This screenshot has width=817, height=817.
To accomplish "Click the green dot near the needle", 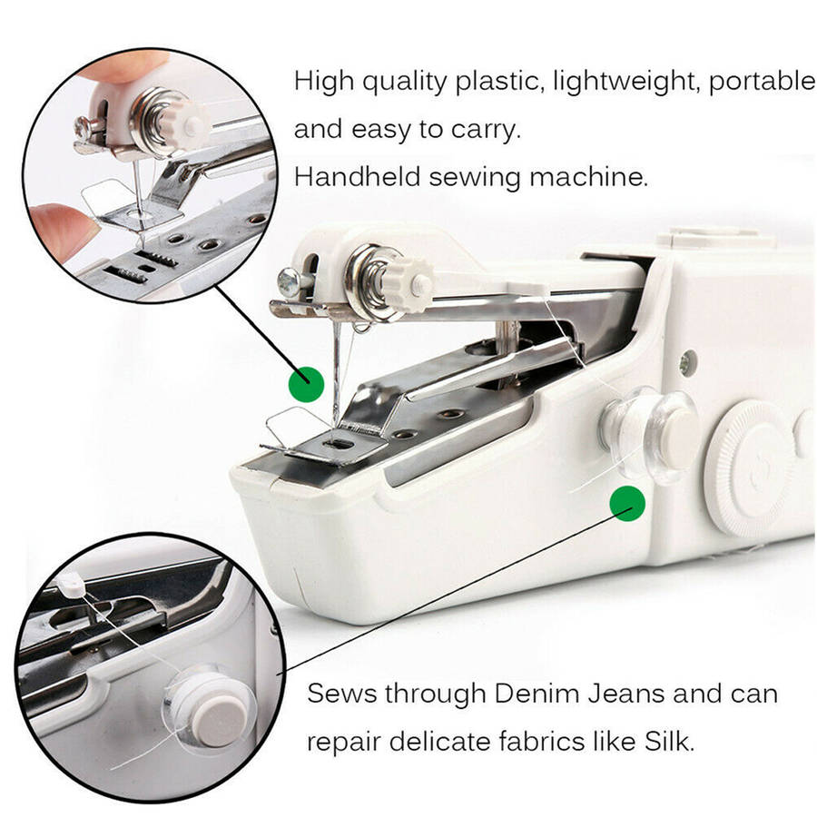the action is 307,384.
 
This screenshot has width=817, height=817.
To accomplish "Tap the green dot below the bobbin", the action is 627,503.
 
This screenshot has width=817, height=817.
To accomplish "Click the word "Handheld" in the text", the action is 357,177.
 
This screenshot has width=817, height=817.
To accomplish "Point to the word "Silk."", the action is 670,741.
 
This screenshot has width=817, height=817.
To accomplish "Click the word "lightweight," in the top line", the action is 626,82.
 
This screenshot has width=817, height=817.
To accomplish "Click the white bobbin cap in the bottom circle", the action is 219,722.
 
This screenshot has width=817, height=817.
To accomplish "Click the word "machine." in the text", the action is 589,177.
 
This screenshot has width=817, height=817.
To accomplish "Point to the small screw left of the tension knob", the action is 288,282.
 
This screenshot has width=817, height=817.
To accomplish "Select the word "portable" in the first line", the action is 762,82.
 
